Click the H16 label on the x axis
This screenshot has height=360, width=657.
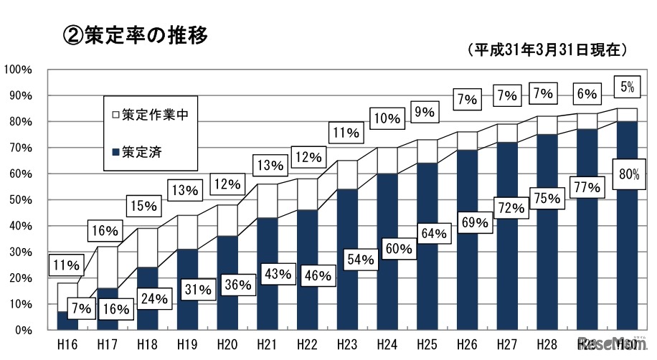[67, 344]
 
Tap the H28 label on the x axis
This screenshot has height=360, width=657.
[547, 344]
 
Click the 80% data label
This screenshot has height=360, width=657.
[627, 173]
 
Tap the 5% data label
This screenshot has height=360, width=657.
[627, 87]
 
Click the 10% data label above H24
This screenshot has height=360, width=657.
[386, 118]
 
